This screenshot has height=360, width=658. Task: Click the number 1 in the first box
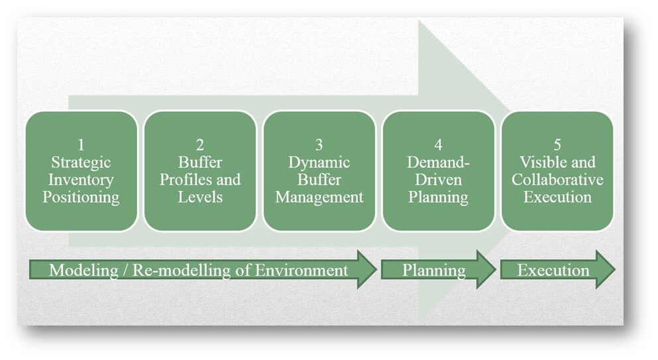tap(81, 145)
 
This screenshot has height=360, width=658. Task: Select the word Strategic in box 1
tap(81, 162)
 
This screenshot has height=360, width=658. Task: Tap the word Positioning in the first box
tap(81, 197)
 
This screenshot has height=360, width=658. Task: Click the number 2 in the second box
tap(199, 145)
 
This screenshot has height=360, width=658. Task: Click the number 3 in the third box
tap(319, 145)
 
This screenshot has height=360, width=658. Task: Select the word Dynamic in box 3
tap(319, 162)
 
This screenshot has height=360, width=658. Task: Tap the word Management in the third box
tap(319, 197)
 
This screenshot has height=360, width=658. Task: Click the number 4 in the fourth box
tap(438, 145)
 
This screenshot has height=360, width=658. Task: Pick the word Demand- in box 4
tap(438, 162)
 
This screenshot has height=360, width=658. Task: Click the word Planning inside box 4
tap(438, 197)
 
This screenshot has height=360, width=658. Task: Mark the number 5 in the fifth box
tap(557, 145)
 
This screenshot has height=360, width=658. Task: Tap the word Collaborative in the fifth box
tap(557, 180)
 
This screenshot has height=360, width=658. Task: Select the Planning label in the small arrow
tap(434, 270)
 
